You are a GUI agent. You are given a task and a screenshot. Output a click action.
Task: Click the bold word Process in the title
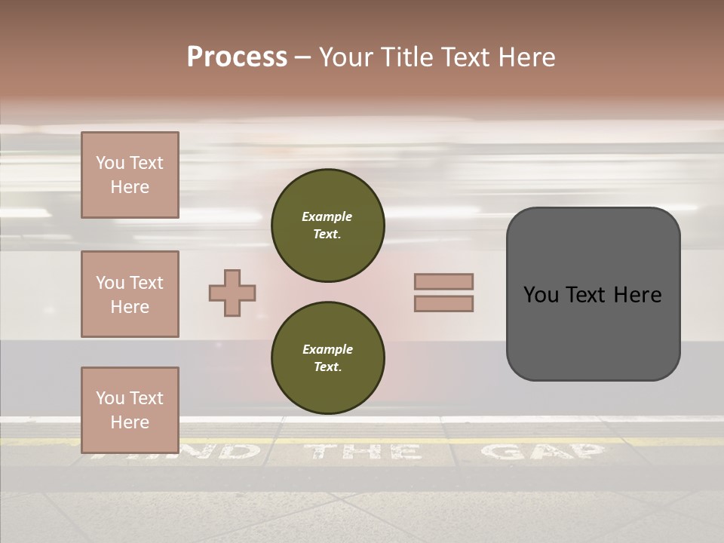click(x=237, y=57)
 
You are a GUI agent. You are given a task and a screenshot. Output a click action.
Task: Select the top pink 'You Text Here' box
click(x=130, y=175)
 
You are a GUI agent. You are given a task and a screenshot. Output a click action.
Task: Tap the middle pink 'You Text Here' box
click(x=130, y=294)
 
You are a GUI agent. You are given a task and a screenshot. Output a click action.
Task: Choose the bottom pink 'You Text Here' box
click(x=130, y=410)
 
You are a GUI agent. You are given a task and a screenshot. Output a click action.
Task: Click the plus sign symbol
click(x=232, y=293)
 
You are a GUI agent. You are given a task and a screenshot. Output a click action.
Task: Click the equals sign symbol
click(x=443, y=293)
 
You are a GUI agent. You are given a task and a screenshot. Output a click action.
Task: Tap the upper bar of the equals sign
click(x=443, y=282)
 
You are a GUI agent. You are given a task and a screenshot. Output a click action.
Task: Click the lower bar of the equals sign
click(x=443, y=303)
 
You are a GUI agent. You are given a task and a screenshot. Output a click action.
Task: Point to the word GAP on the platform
click(x=543, y=452)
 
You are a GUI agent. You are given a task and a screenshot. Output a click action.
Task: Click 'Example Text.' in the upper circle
click(x=327, y=225)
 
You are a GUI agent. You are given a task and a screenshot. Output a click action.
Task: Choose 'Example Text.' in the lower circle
click(x=327, y=358)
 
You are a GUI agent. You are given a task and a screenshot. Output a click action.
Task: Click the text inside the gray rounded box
click(x=593, y=294)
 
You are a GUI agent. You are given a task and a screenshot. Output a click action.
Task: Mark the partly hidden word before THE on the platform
click(x=211, y=452)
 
